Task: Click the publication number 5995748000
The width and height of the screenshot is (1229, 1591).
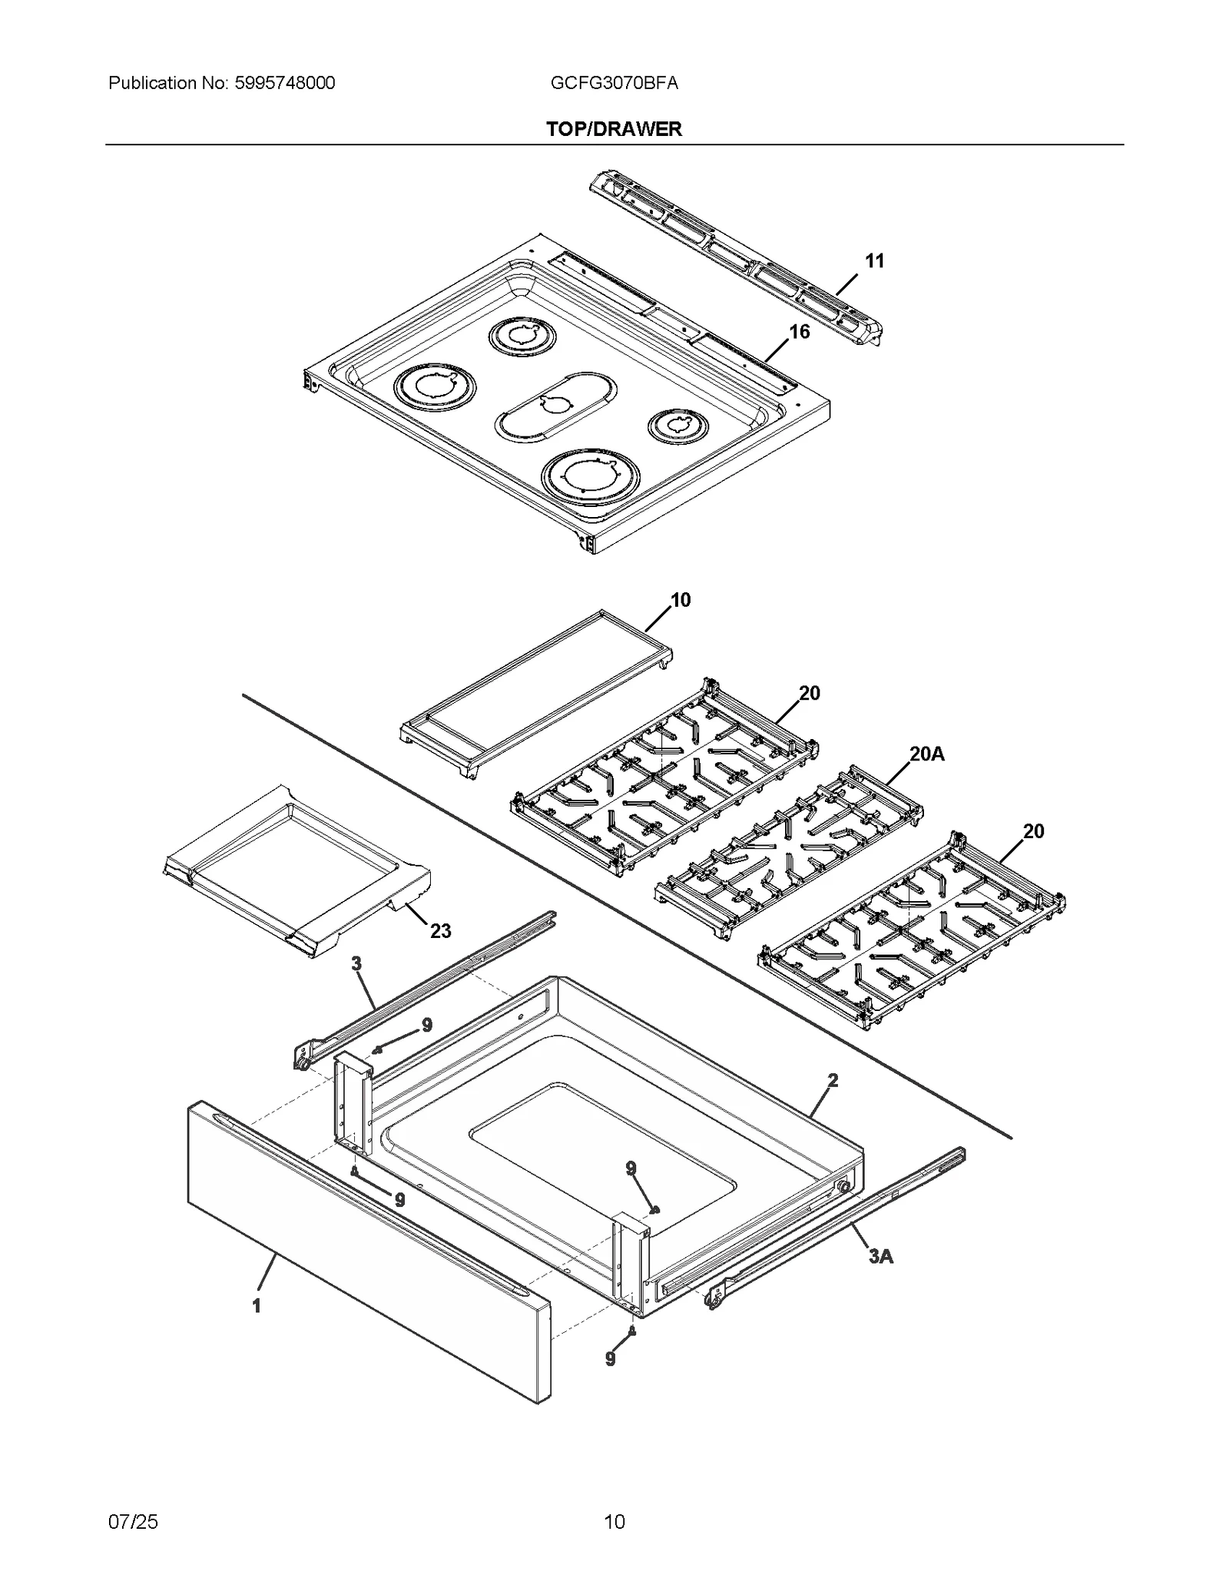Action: click(x=282, y=83)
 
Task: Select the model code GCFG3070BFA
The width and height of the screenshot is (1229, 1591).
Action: click(x=614, y=83)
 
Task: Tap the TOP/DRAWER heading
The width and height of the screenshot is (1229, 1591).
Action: click(x=614, y=129)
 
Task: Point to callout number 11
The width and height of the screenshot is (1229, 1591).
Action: click(x=874, y=261)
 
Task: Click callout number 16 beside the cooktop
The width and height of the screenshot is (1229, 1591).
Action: click(x=799, y=332)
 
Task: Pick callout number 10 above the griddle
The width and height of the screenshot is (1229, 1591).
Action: click(x=681, y=600)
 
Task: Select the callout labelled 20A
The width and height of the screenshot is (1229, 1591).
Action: click(x=927, y=754)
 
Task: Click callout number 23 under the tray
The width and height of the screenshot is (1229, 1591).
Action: click(x=440, y=931)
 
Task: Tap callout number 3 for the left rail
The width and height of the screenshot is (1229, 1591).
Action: click(x=356, y=963)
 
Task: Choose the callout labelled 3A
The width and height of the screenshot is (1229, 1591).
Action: click(x=880, y=1257)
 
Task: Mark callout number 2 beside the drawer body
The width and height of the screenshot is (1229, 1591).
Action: click(x=833, y=1080)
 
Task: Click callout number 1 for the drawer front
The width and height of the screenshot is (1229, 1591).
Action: click(x=257, y=1306)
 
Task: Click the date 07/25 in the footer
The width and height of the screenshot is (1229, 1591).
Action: click(x=133, y=1521)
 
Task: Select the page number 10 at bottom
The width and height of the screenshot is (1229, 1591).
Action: click(x=614, y=1521)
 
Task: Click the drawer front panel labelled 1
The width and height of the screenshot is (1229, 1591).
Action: click(x=369, y=1252)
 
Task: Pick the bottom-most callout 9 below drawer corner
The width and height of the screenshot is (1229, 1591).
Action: click(x=611, y=1359)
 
